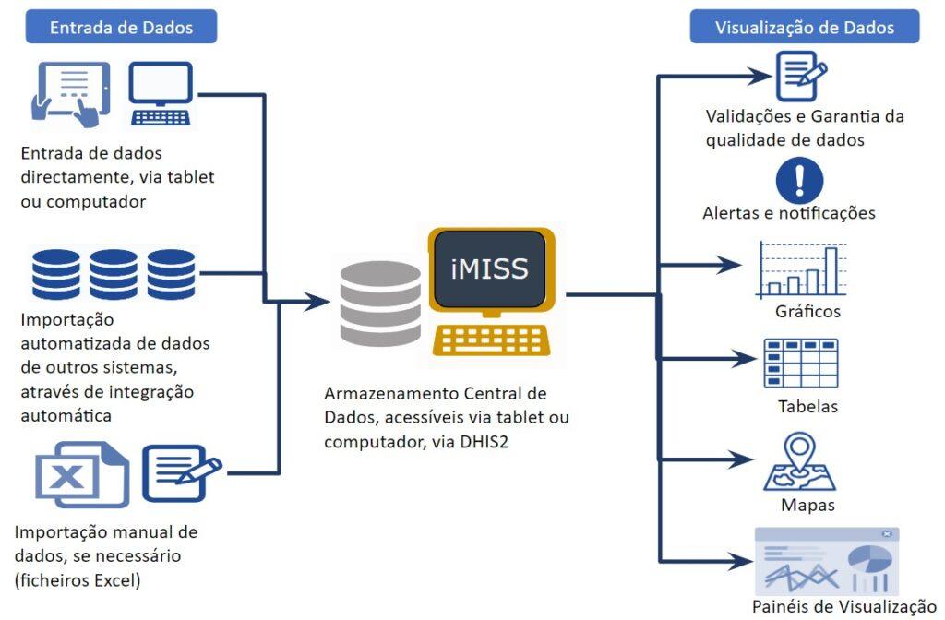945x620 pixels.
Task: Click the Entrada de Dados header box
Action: [x=121, y=27]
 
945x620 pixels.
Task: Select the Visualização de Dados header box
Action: [x=805, y=27]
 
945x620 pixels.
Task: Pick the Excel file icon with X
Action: [x=81, y=475]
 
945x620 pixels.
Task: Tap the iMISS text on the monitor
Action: [x=490, y=268]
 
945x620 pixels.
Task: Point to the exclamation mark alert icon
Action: [x=800, y=181]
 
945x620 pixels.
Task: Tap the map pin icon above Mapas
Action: [x=799, y=462]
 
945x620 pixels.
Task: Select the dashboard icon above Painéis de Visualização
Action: [x=826, y=561]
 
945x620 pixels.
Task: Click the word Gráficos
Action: [x=807, y=311]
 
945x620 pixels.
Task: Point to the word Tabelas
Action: [x=808, y=406]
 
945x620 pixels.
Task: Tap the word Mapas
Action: [x=807, y=505]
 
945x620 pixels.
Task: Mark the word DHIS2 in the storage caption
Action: [x=484, y=441]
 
